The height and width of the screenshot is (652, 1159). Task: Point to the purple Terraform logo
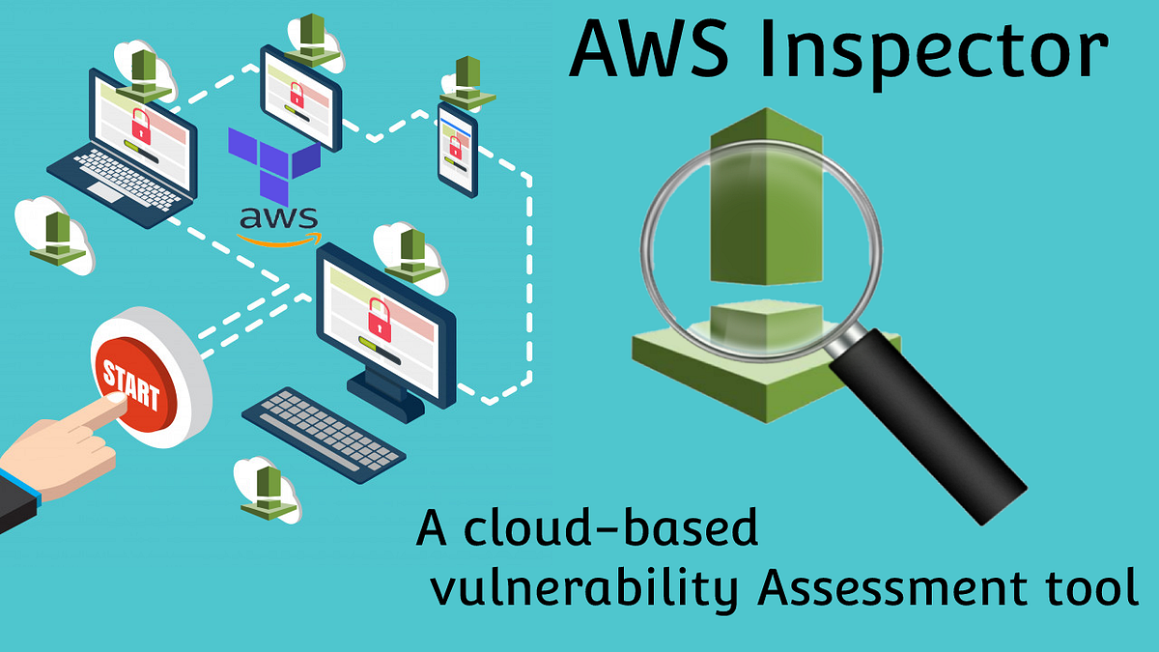tap(273, 159)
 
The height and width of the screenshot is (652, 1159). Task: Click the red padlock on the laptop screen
tap(141, 124)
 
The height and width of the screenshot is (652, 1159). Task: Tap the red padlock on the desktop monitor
tap(380, 319)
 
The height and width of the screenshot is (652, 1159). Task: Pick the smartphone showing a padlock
tap(457, 147)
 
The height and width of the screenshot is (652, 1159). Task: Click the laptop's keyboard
tap(126, 179)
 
